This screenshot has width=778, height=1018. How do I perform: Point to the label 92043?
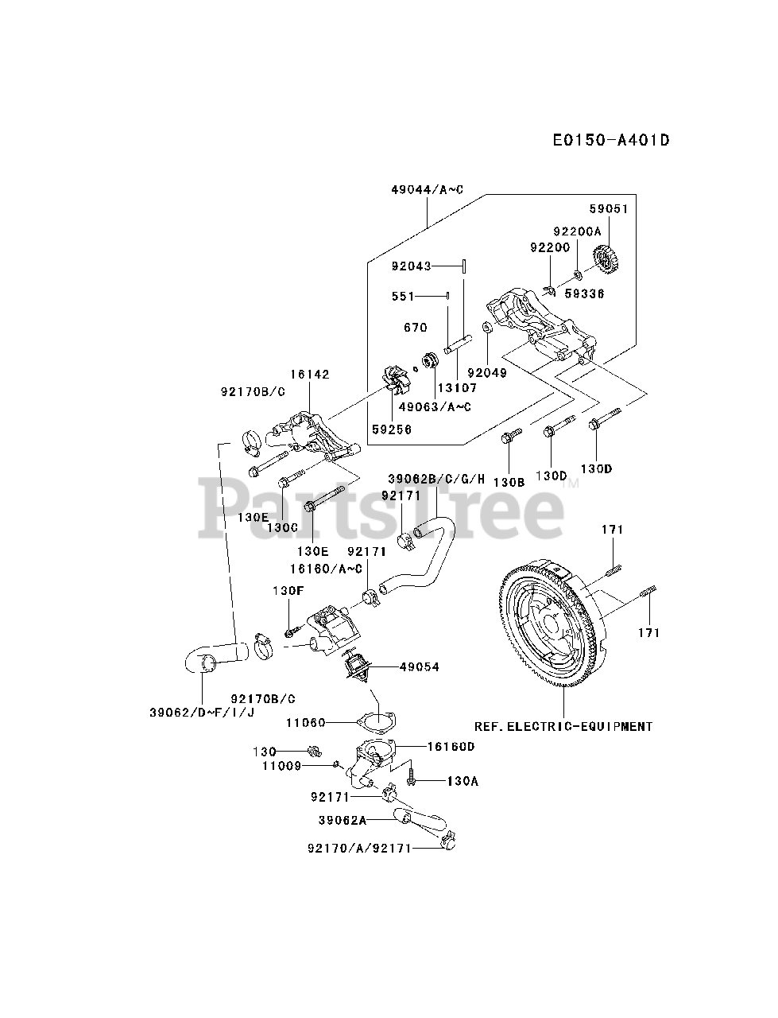[412, 266]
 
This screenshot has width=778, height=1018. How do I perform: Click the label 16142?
[310, 374]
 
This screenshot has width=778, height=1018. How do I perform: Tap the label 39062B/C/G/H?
[436, 478]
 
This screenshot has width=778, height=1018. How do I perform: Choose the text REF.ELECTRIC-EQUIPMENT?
[563, 726]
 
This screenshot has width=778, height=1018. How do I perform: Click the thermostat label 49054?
[420, 666]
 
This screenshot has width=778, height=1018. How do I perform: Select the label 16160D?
[451, 746]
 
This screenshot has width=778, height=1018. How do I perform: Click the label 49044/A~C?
[427, 189]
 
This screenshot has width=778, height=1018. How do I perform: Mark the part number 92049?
[486, 371]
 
